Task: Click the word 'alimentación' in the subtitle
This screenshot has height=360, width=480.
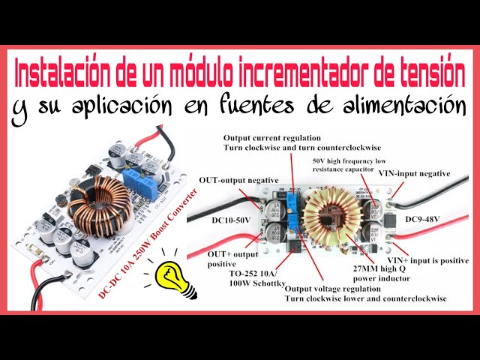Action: click(x=406, y=106)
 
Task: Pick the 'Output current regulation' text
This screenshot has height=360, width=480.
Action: click(x=271, y=138)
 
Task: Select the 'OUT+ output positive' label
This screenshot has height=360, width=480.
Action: click(x=226, y=259)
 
